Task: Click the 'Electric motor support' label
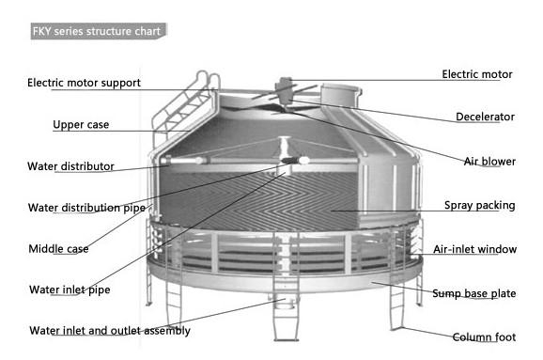(x=84, y=83)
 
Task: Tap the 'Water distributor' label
(x=70, y=166)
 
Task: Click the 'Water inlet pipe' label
(x=70, y=290)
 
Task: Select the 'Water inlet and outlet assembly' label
(x=109, y=330)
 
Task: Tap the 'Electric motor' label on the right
(x=478, y=74)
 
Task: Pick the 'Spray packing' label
(x=480, y=205)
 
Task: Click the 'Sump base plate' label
(x=473, y=293)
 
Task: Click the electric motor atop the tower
(x=286, y=86)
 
